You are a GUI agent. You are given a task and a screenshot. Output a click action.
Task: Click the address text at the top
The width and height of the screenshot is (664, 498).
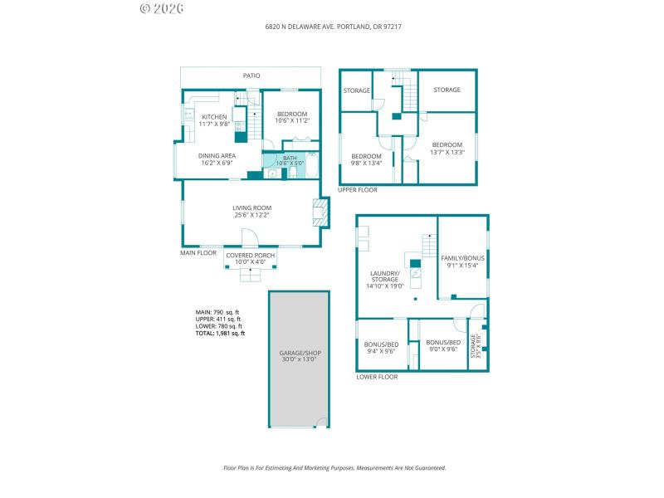[x=333, y=27]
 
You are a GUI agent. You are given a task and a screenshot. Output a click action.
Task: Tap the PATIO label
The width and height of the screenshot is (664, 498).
[x=251, y=76]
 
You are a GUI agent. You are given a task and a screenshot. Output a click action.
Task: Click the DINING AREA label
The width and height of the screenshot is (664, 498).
[x=217, y=155]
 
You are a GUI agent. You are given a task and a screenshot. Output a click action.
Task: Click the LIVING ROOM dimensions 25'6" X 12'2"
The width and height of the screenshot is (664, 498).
[x=251, y=215]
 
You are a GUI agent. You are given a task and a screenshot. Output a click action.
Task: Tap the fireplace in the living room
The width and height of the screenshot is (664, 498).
[x=317, y=212]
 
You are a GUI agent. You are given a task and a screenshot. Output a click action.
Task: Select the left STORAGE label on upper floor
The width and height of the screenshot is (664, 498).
[x=357, y=90]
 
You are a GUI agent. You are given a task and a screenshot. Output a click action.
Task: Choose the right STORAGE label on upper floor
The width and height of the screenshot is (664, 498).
[x=447, y=90]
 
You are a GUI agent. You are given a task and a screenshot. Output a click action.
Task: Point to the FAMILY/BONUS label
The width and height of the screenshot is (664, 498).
[x=462, y=258]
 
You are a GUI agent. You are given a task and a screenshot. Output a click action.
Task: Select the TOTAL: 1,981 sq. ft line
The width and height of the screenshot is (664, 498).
[x=220, y=334]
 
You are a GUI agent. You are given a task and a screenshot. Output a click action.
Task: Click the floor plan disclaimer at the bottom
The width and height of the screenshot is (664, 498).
[x=334, y=467]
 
